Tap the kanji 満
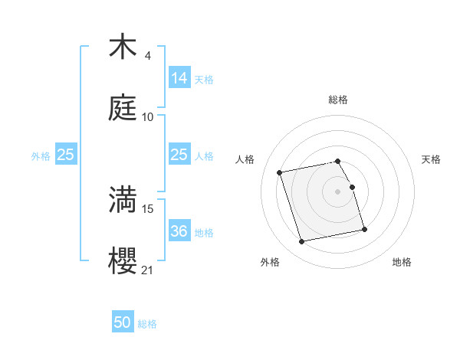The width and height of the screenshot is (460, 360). point(122,199)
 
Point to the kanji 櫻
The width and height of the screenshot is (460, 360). point(122,260)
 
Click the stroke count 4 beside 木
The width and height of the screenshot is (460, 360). point(147,56)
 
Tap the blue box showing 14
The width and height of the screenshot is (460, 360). point(179,77)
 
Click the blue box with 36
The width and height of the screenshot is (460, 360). point(179,231)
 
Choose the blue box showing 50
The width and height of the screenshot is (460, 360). point(123,322)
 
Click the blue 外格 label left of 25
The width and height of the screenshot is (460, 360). point(41,155)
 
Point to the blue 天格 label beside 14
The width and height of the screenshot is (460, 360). point(204,79)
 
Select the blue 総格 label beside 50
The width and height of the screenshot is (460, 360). point(147,324)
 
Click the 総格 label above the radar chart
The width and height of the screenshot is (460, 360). point(338,100)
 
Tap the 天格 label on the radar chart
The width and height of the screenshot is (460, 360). point(431,159)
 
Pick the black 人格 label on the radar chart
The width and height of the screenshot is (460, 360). point(245,159)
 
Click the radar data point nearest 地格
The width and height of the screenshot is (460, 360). point(364,230)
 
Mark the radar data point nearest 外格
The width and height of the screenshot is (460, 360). point(302,242)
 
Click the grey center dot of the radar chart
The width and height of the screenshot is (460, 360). point(338,191)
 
